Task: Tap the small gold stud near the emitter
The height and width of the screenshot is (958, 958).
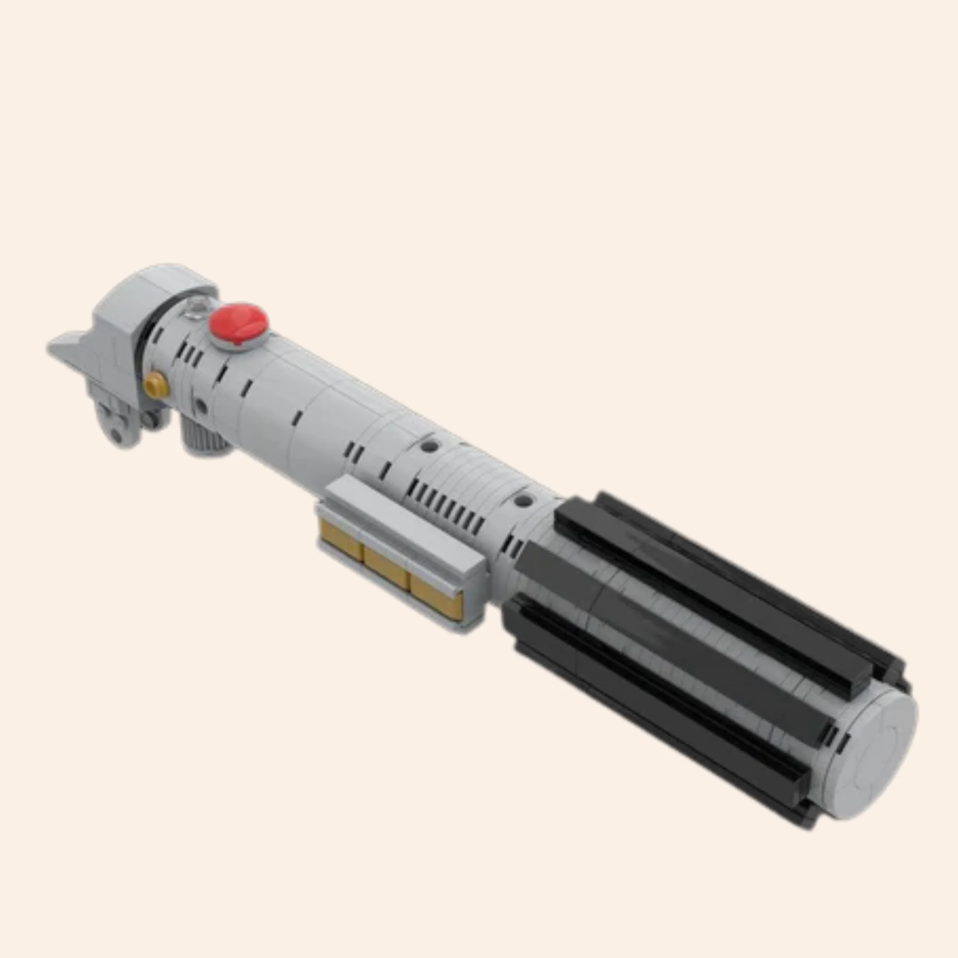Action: pyautogui.click(x=156, y=384)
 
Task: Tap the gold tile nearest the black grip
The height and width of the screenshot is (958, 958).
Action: pyautogui.click(x=436, y=600)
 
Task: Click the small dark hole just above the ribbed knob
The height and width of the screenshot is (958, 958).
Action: pyautogui.click(x=200, y=406)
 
